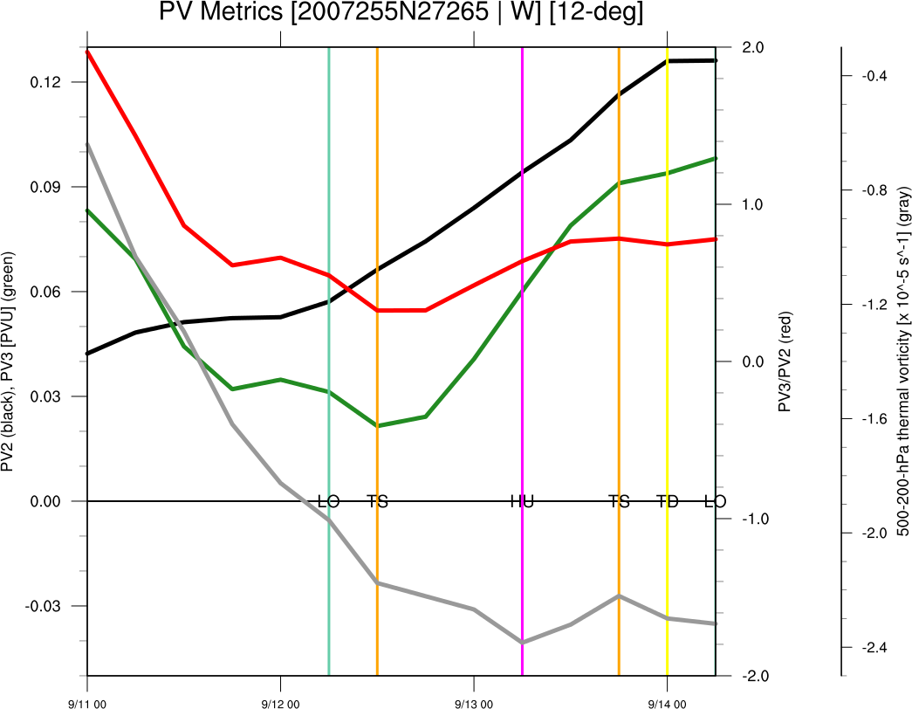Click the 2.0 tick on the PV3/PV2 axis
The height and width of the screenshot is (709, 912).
pos(753,47)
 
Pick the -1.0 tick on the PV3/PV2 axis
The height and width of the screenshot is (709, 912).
pos(751,519)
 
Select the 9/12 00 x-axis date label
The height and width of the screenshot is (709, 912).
pos(280,701)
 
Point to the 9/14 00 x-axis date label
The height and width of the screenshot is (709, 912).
pos(667,701)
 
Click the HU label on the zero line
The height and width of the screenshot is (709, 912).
pos(522,501)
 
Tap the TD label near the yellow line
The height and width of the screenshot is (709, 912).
pos(668,501)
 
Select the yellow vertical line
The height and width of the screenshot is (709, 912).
pos(667,349)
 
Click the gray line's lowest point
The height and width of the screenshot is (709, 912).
pos(522,642)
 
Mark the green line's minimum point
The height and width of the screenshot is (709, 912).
pos(377,425)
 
